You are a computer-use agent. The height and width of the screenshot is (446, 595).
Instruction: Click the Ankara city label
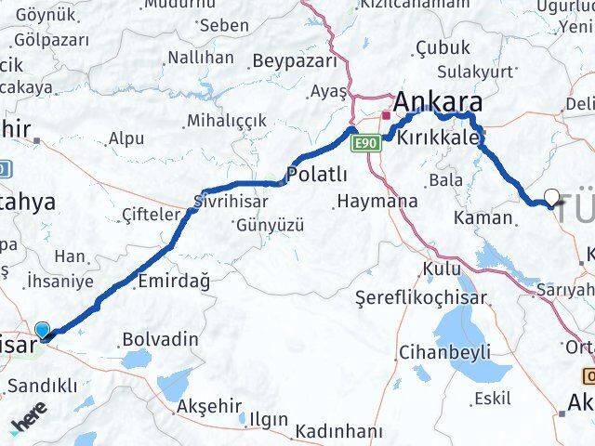click(x=438, y=101)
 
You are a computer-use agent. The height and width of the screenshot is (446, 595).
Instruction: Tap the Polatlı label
click(x=317, y=175)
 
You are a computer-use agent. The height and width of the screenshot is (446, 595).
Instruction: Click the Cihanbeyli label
click(x=431, y=352)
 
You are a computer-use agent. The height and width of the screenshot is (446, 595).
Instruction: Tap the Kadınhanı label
click(x=338, y=431)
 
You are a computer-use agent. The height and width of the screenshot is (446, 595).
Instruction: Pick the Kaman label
click(x=483, y=217)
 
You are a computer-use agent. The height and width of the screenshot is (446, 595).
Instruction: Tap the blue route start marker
click(x=44, y=330)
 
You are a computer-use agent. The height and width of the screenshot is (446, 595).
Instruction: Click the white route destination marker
click(x=553, y=197)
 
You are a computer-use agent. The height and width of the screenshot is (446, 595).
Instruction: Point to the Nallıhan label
click(x=200, y=58)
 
